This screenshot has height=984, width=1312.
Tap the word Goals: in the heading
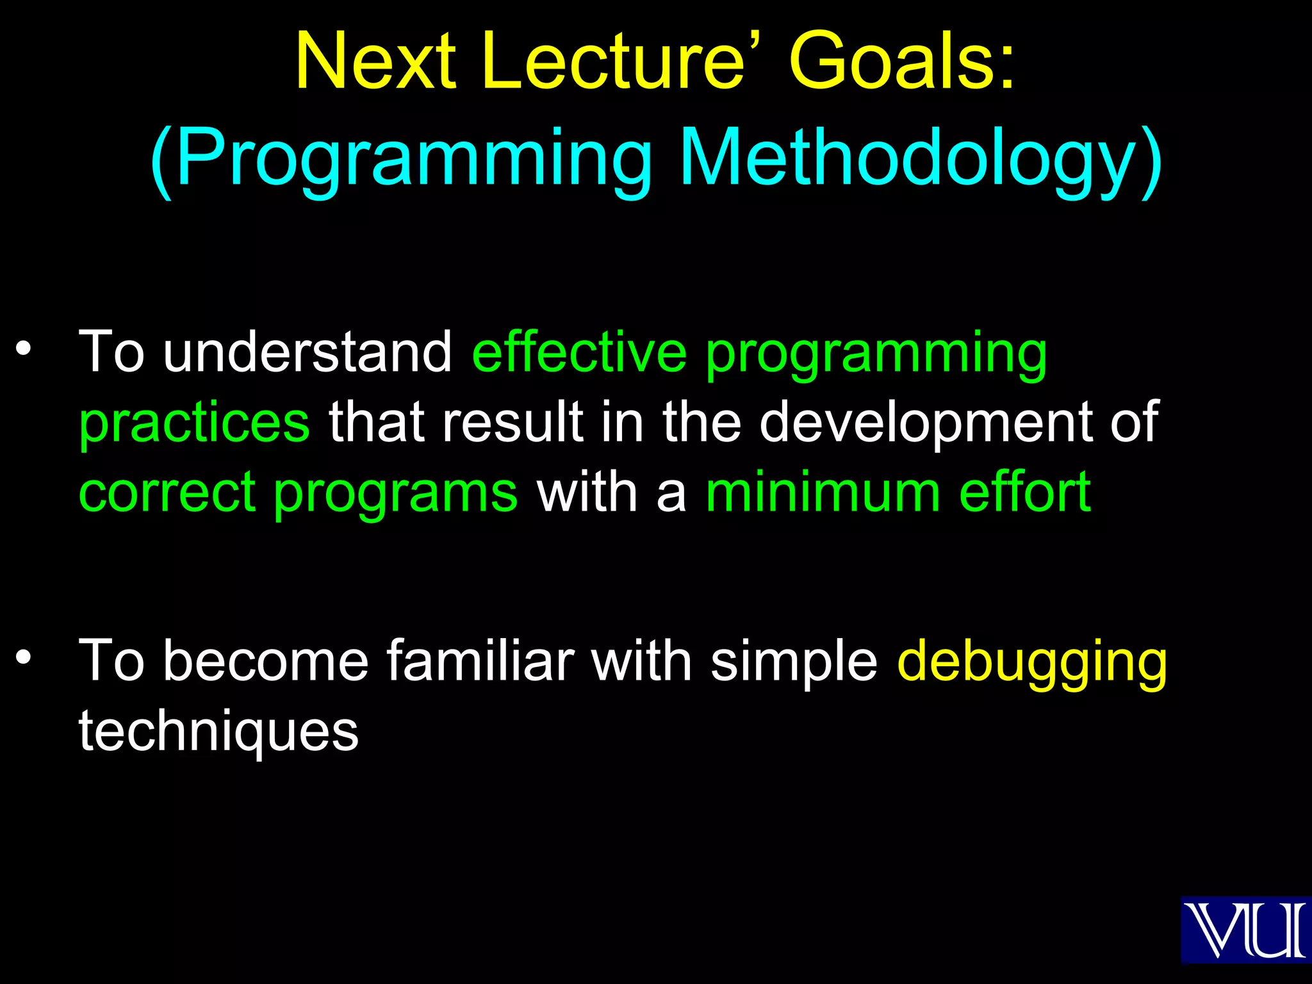pos(902,62)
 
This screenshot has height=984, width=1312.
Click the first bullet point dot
pos(24,348)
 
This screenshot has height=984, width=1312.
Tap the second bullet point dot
pos(24,657)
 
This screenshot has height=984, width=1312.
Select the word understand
pos(307,352)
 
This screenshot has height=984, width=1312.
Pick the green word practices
pos(194,423)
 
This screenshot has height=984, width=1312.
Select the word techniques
pos(218,732)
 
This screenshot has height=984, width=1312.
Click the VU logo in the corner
pos(1245,930)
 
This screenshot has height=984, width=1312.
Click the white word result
pos(512,423)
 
